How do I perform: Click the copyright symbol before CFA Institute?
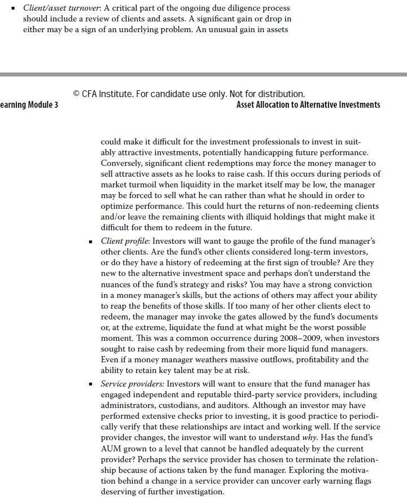(76, 94)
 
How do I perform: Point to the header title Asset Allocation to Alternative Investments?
(308, 105)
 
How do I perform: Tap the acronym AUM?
(111, 448)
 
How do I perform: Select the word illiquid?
(278, 217)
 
